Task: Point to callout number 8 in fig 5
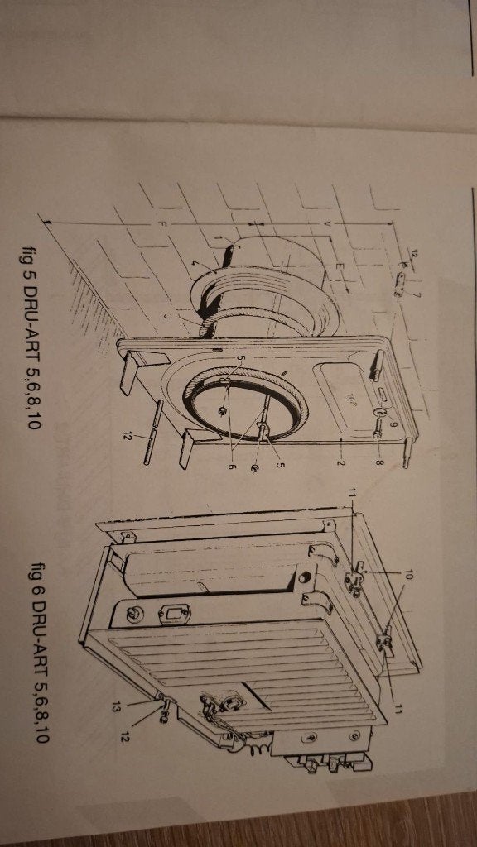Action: (378, 464)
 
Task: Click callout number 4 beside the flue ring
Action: (195, 264)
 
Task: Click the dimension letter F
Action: (160, 224)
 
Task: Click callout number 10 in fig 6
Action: (408, 577)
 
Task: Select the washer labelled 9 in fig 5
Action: (381, 414)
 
